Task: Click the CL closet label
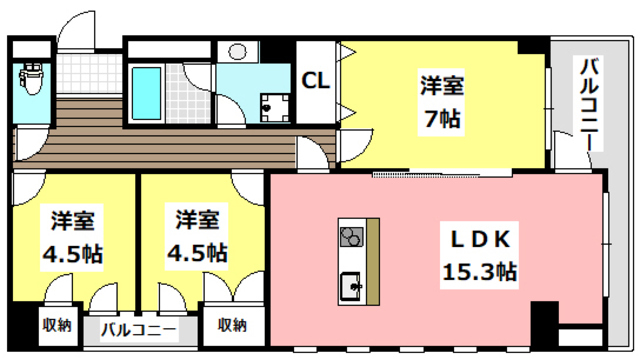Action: tap(317, 79)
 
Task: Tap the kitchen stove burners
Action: tap(351, 237)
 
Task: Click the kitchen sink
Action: tap(352, 285)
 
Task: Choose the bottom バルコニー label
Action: tap(139, 329)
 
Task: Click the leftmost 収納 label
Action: tap(56, 324)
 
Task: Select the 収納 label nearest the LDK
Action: tap(232, 324)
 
